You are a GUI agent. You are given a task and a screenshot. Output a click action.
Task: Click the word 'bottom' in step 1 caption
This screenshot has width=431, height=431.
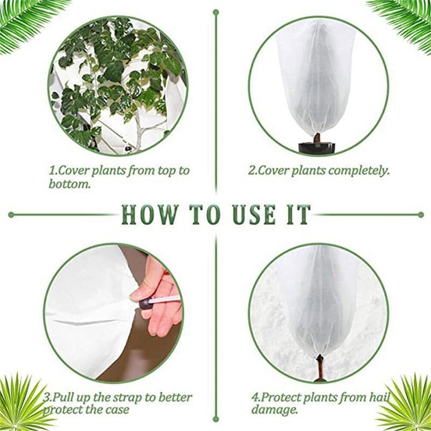[69, 184]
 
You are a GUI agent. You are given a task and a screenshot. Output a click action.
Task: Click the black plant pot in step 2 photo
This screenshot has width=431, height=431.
[318, 147]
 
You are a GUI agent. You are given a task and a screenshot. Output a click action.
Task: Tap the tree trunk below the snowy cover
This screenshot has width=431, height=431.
[319, 369]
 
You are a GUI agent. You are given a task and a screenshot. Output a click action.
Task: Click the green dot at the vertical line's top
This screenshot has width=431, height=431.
[216, 12]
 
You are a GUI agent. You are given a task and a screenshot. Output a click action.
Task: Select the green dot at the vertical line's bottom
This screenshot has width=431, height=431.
[216, 419]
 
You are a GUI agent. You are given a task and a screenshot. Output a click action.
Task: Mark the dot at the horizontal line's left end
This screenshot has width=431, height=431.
[11, 214]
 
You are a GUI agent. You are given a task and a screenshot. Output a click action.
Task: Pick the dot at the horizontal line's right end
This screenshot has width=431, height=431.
[421, 214]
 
